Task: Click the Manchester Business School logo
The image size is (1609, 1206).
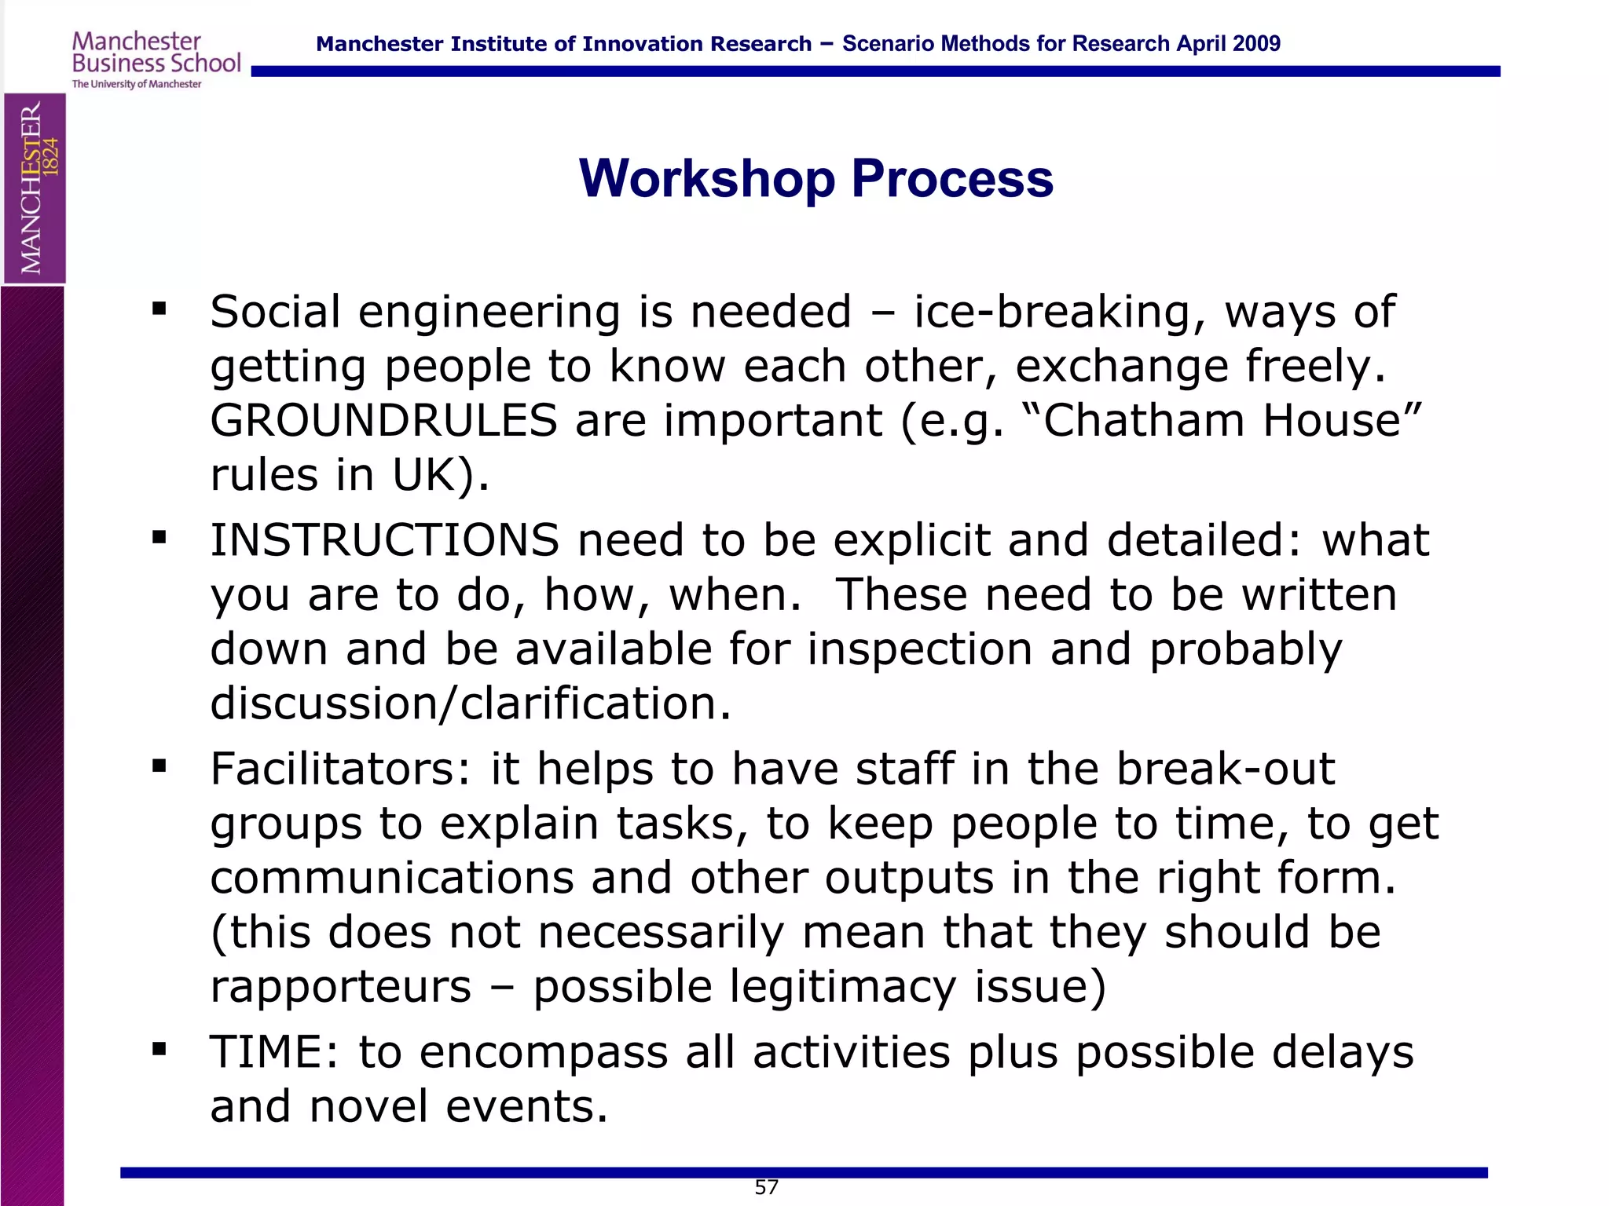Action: click(x=156, y=60)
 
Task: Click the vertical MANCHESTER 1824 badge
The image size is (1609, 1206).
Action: click(x=35, y=188)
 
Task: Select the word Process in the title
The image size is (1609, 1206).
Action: click(x=951, y=179)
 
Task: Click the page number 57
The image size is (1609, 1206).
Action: click(x=766, y=1187)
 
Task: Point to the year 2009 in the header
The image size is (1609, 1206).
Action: click(x=1256, y=44)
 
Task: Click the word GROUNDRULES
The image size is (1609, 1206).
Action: click(x=383, y=421)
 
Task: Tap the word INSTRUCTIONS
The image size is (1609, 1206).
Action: click(x=384, y=541)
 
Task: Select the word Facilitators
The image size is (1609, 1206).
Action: click(x=340, y=769)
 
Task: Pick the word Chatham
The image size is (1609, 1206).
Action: click(x=1143, y=421)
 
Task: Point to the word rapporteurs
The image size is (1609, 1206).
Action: click(x=341, y=987)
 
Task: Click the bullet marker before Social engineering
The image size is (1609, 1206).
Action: click(x=159, y=309)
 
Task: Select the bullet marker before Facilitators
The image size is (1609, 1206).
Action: click(x=159, y=766)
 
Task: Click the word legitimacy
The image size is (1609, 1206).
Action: click(x=842, y=987)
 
